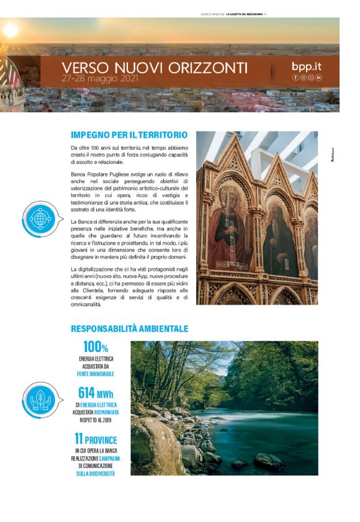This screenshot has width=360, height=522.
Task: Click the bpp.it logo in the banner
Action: (307, 66)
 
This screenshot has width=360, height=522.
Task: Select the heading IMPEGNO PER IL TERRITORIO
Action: (129, 135)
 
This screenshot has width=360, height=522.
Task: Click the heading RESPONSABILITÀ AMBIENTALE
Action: (130, 328)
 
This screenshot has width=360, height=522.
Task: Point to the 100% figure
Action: (96, 347)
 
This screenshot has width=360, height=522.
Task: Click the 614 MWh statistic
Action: (96, 393)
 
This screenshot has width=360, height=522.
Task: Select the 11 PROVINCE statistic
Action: (96, 439)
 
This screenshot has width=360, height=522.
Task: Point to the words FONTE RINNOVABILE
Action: (96, 374)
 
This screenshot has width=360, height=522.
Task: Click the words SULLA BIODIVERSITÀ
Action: (96, 474)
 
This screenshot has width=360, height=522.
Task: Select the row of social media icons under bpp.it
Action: (307, 78)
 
